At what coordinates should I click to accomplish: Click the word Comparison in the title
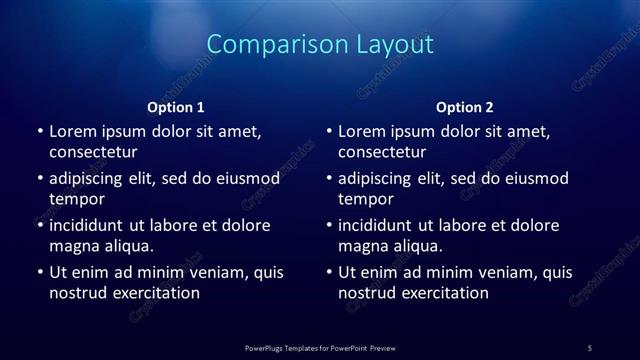[265, 45]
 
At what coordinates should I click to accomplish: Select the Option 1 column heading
[176, 107]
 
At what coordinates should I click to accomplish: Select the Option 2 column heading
[465, 107]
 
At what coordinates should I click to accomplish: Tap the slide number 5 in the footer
[590, 348]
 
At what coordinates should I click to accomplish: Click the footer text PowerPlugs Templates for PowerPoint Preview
[320, 348]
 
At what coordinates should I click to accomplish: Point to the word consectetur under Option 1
[93, 152]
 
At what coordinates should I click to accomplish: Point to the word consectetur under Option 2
[382, 152]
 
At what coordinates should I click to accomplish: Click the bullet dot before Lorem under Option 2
[329, 132]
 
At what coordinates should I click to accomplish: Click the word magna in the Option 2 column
[362, 246]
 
